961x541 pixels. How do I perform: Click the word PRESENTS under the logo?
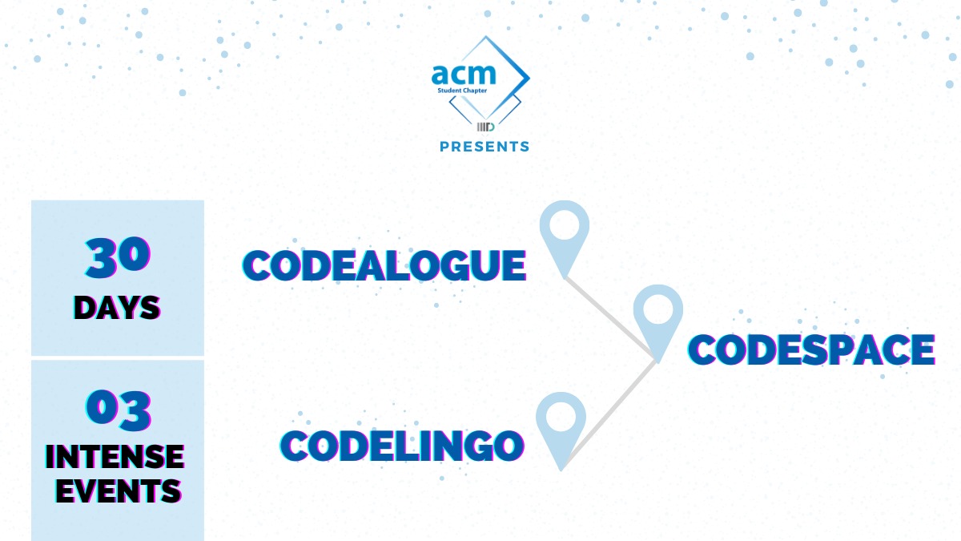tap(485, 147)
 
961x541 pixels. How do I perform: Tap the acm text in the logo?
tap(464, 75)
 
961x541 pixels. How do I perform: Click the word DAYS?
tap(117, 308)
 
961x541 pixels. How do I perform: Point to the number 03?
tap(118, 408)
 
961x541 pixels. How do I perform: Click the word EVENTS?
tap(117, 490)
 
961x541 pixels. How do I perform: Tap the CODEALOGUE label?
tap(384, 265)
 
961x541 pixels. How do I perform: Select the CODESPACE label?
tap(812, 349)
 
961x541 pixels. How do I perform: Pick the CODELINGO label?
tap(401, 445)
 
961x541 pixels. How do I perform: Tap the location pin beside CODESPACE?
tap(658, 321)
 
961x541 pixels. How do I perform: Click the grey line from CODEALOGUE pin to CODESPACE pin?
tap(613, 319)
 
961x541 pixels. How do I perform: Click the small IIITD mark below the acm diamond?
tap(485, 127)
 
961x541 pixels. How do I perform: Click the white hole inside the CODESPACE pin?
tap(658, 310)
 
